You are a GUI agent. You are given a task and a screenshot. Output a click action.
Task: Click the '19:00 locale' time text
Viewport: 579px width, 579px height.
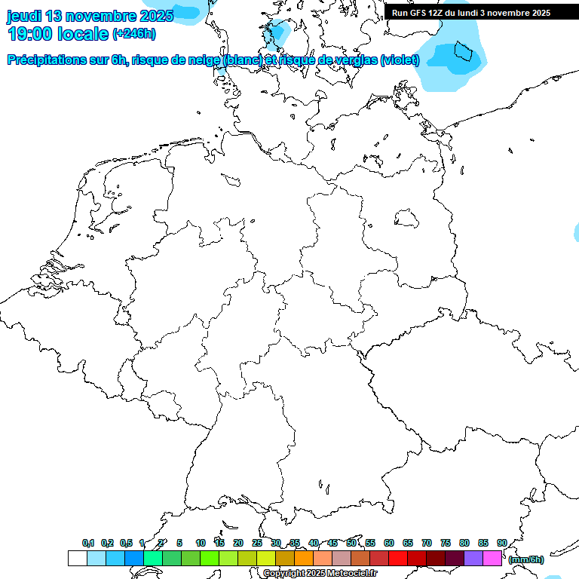[x=57, y=33]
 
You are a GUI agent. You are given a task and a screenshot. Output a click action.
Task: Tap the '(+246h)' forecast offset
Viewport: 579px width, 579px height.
[x=134, y=34]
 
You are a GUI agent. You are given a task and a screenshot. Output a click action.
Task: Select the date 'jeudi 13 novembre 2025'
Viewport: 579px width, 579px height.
[x=90, y=15]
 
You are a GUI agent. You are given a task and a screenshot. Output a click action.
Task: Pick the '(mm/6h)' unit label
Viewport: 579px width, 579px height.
[x=526, y=559]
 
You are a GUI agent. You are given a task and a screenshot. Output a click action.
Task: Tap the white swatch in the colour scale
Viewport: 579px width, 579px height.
[x=77, y=559]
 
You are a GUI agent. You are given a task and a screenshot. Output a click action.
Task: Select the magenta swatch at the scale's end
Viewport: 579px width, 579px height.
[x=492, y=559]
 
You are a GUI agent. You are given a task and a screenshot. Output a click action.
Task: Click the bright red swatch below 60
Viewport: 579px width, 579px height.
[x=397, y=559]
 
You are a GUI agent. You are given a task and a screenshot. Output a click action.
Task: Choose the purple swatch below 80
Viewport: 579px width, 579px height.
[x=473, y=559]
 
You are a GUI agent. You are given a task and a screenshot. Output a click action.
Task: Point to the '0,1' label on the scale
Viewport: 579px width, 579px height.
[x=88, y=544]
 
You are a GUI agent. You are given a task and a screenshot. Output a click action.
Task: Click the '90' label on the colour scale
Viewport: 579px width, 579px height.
[x=502, y=544]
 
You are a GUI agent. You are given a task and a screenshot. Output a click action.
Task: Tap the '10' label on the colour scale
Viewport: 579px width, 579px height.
[x=201, y=544]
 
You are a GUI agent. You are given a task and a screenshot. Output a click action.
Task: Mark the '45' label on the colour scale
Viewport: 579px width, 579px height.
[x=332, y=544]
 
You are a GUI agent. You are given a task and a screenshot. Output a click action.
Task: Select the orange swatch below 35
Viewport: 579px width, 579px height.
[x=303, y=559]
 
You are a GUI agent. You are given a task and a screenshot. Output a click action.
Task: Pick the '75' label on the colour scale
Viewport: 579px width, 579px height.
[x=446, y=544]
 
